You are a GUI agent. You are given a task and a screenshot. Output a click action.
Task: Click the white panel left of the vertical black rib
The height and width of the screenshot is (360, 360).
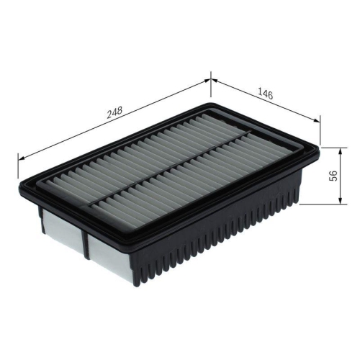62,228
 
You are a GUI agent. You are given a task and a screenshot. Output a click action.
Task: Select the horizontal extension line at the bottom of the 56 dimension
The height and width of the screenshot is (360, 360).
317,203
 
